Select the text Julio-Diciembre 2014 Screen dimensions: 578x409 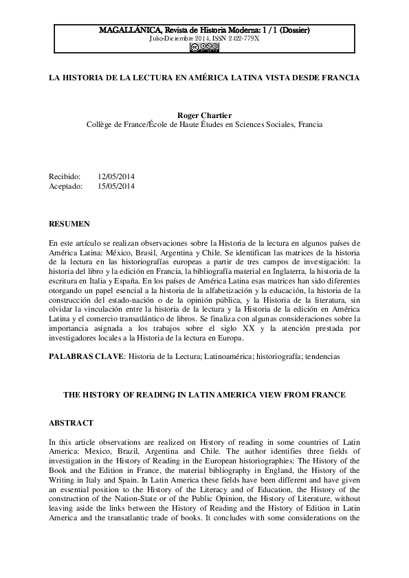click(179, 39)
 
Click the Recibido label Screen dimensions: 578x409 click(65, 176)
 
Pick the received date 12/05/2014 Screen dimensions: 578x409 click(116, 176)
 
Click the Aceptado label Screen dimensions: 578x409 click(66, 185)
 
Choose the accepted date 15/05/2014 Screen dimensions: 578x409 click(116, 185)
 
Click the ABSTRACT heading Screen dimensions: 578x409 click(71, 424)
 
